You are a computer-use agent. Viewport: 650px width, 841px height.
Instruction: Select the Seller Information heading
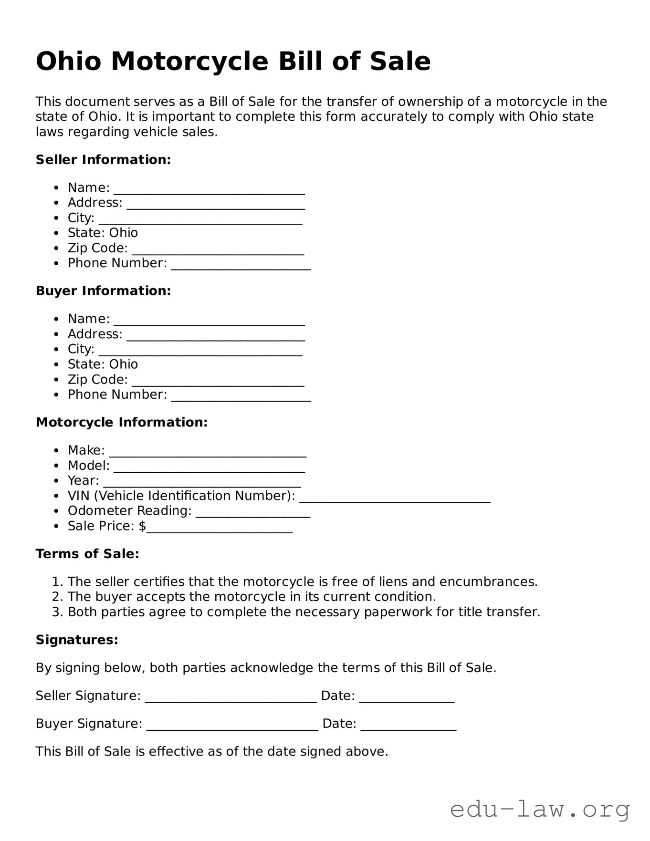[x=103, y=160]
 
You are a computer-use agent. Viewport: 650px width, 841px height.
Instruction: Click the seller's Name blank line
[x=209, y=191]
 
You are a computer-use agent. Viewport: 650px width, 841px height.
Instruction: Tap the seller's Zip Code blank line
[x=218, y=251]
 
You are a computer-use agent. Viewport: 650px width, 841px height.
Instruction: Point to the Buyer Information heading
[x=103, y=291]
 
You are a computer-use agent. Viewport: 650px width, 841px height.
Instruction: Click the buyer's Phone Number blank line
[x=241, y=398]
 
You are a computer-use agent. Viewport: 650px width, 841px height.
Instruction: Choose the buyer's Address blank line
[x=216, y=337]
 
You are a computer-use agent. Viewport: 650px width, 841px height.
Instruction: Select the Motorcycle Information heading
[x=122, y=423]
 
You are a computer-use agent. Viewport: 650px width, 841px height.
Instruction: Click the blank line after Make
[x=207, y=454]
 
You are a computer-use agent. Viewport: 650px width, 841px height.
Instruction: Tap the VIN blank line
[x=395, y=499]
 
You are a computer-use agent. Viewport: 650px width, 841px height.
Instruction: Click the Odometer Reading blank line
[x=253, y=514]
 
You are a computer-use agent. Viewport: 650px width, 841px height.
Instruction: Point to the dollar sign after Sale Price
[x=142, y=526]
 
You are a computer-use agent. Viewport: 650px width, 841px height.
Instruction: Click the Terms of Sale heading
[x=87, y=554]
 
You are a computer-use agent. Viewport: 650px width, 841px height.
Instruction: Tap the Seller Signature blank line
[x=231, y=699]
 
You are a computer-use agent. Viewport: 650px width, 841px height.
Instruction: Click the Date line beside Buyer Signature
[x=409, y=727]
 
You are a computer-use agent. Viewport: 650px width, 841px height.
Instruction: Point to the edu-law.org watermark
[x=540, y=810]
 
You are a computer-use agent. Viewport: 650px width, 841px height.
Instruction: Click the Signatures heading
[x=77, y=640]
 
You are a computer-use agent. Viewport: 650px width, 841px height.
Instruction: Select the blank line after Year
[x=202, y=484]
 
